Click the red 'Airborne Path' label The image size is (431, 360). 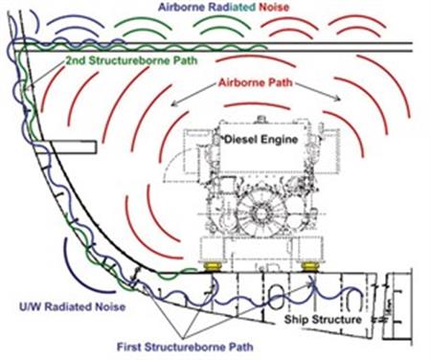pos(258,83)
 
